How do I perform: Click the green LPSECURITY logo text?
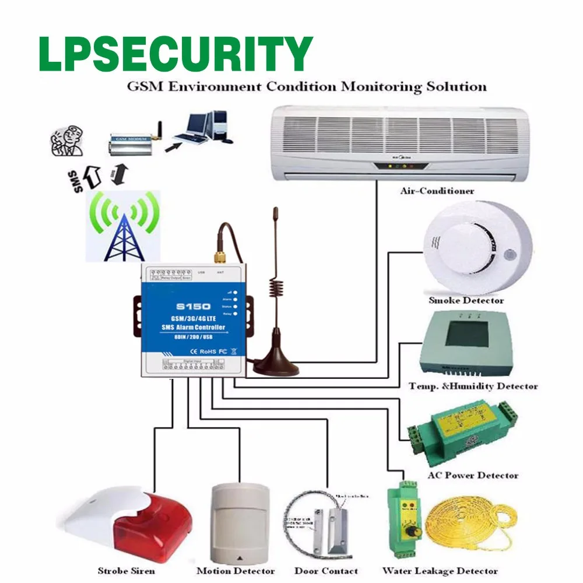tap(175, 54)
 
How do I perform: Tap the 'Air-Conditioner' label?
tap(437, 191)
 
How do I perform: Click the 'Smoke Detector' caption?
tap(466, 300)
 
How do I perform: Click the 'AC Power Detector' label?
tap(473, 475)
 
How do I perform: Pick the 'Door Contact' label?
tap(326, 571)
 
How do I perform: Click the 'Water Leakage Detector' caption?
tap(440, 571)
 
